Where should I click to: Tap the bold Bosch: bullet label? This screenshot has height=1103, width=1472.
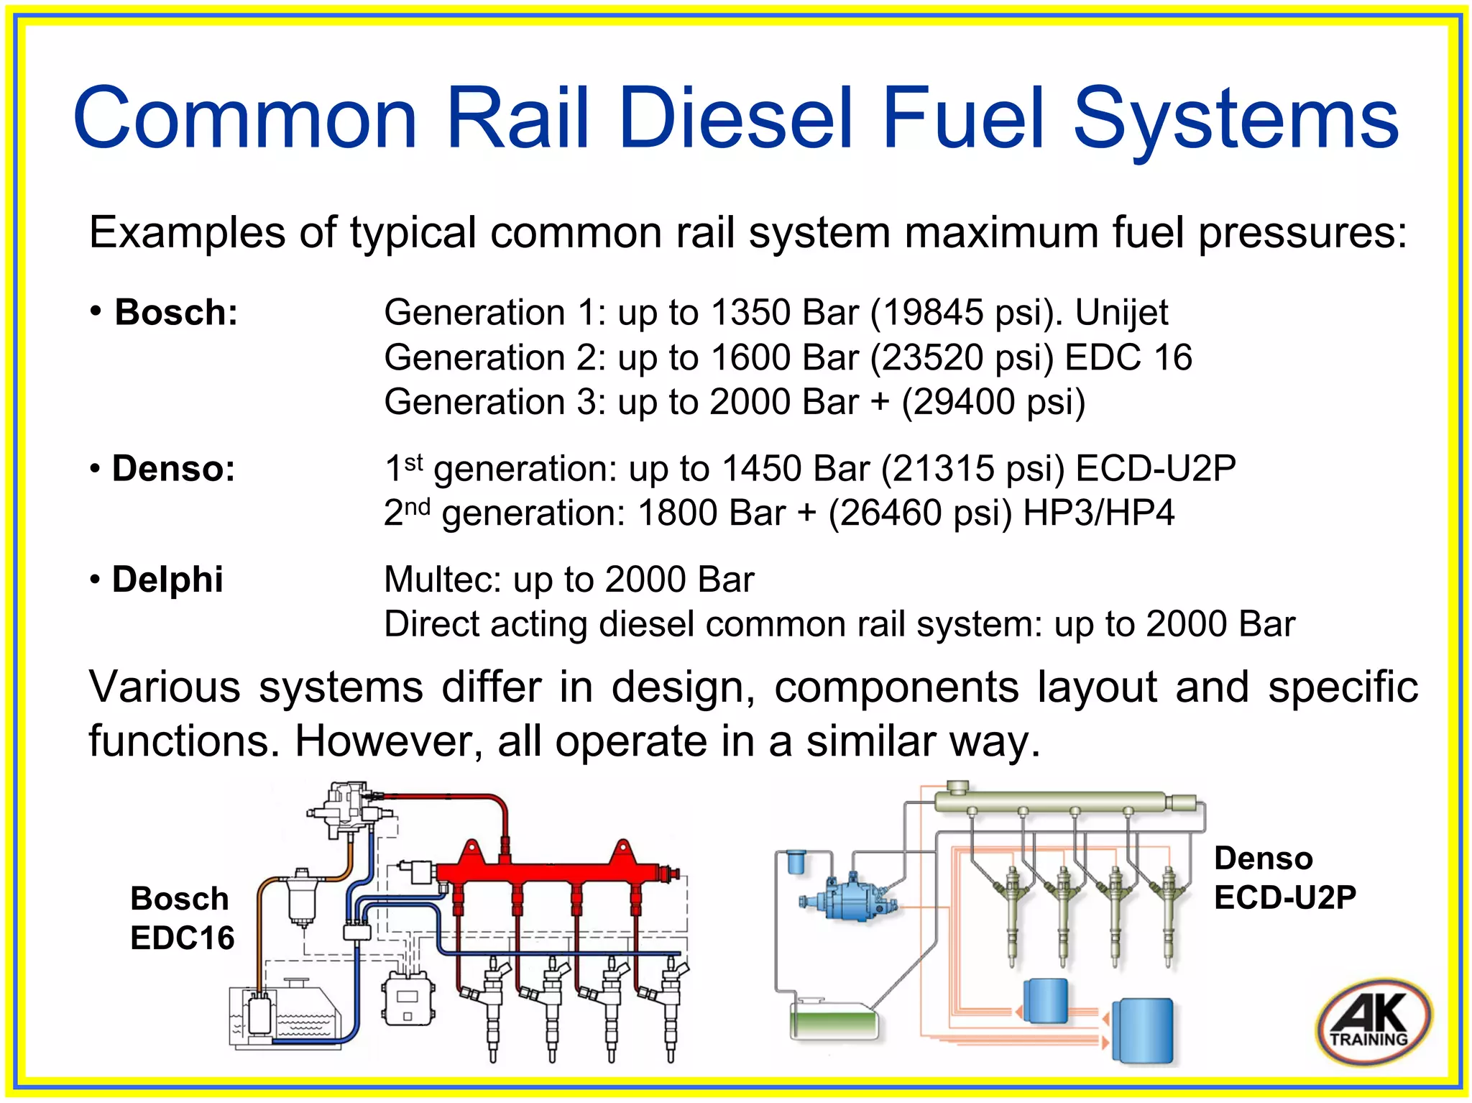tap(175, 313)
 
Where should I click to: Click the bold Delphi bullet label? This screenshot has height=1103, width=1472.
tap(167, 580)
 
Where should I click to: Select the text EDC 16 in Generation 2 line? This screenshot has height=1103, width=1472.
tap(1128, 357)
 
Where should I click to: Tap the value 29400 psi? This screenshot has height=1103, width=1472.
tap(993, 402)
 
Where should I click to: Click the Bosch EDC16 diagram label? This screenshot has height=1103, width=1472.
tap(181, 918)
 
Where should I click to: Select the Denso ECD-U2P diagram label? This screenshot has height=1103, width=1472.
tap(1284, 878)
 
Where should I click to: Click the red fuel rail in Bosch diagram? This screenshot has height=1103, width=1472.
tap(553, 872)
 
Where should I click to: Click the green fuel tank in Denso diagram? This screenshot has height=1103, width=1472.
tap(834, 1021)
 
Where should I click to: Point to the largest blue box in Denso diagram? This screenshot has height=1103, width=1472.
tap(1142, 1030)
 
